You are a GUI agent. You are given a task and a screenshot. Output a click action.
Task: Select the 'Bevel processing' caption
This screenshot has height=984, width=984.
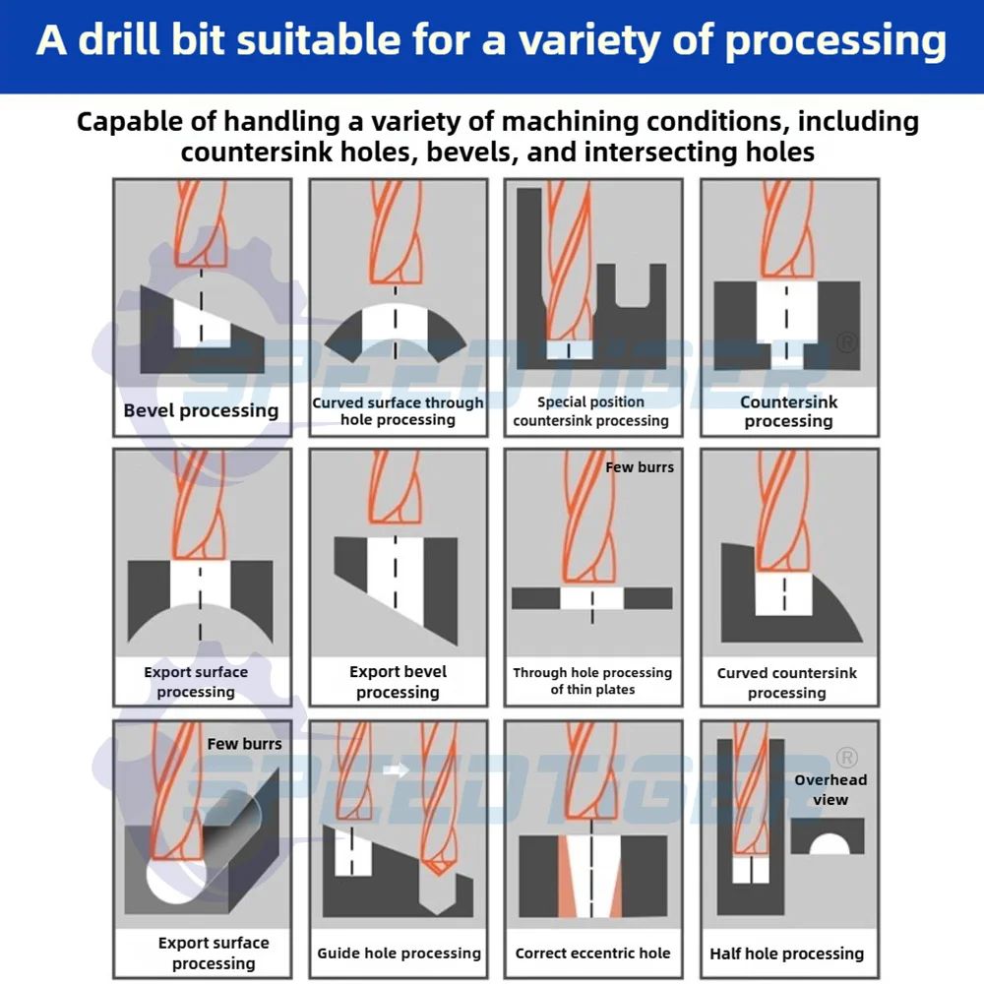201,411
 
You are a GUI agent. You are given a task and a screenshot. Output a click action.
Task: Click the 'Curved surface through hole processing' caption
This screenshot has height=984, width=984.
398,411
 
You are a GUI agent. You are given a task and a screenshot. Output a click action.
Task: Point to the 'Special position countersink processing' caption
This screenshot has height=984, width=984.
590,411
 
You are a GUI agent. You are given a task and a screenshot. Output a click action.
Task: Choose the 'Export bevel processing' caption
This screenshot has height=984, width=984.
398,682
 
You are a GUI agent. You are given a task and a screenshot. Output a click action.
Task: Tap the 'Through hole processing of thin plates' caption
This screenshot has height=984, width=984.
592,681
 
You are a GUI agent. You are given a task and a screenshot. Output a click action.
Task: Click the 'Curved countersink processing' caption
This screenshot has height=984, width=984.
787,683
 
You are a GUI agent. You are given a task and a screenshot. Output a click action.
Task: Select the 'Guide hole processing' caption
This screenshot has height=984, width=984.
399,953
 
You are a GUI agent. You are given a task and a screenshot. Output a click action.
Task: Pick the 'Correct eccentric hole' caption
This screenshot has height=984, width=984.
592,953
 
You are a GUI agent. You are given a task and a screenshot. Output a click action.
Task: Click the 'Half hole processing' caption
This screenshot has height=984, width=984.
787,953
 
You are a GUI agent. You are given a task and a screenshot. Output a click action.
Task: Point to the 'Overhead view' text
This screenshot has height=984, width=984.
830,789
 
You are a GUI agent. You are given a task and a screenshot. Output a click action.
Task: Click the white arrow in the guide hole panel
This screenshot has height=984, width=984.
396,769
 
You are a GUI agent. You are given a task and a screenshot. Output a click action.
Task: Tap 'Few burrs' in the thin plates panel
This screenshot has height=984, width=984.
640,467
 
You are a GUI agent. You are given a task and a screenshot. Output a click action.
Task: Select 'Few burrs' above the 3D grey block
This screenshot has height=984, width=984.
244,744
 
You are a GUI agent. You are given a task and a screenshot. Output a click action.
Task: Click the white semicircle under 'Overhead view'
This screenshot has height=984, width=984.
829,843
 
